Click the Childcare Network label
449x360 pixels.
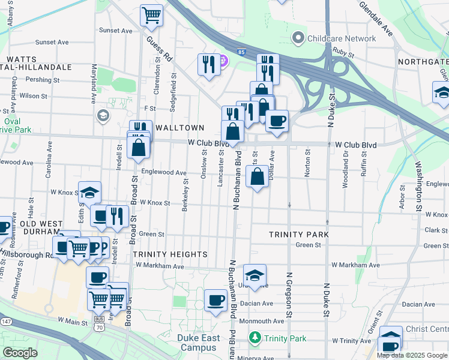click(342, 39)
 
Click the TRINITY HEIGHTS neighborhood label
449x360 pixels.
click(170, 254)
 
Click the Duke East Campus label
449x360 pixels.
click(197, 343)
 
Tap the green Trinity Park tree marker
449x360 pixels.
click(256, 338)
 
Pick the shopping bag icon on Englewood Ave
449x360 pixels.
click(258, 176)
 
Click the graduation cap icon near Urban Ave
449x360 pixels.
click(255, 274)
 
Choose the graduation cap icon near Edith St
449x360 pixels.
click(90, 192)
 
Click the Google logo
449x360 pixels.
click(20, 353)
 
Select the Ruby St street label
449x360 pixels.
click(345, 52)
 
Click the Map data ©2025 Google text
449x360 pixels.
click(411, 355)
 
